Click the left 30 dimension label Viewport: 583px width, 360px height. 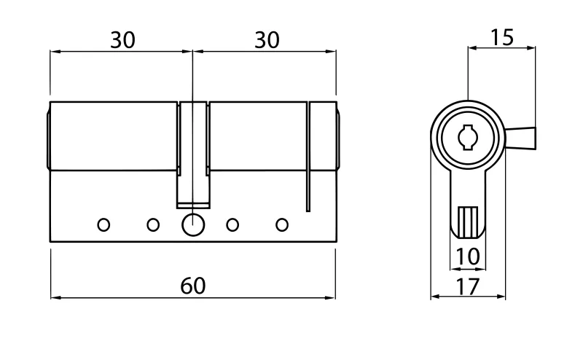122,40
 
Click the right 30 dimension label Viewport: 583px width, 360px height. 267,40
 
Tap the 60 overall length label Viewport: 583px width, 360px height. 193,286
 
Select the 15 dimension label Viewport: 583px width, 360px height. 502,38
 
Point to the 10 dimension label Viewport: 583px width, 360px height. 467,257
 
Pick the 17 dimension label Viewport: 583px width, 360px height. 468,286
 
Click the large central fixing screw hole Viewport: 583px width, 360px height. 193,225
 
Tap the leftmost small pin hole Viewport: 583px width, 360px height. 103,225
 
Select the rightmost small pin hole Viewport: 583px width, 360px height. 282,225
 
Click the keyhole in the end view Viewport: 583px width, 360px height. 467,138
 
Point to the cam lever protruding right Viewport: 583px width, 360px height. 520,138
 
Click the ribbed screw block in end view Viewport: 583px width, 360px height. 468,223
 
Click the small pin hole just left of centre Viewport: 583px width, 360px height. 153,225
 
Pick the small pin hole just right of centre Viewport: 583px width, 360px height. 232,225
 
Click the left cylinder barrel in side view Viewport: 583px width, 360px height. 113,136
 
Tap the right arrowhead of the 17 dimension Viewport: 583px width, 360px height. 501,297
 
